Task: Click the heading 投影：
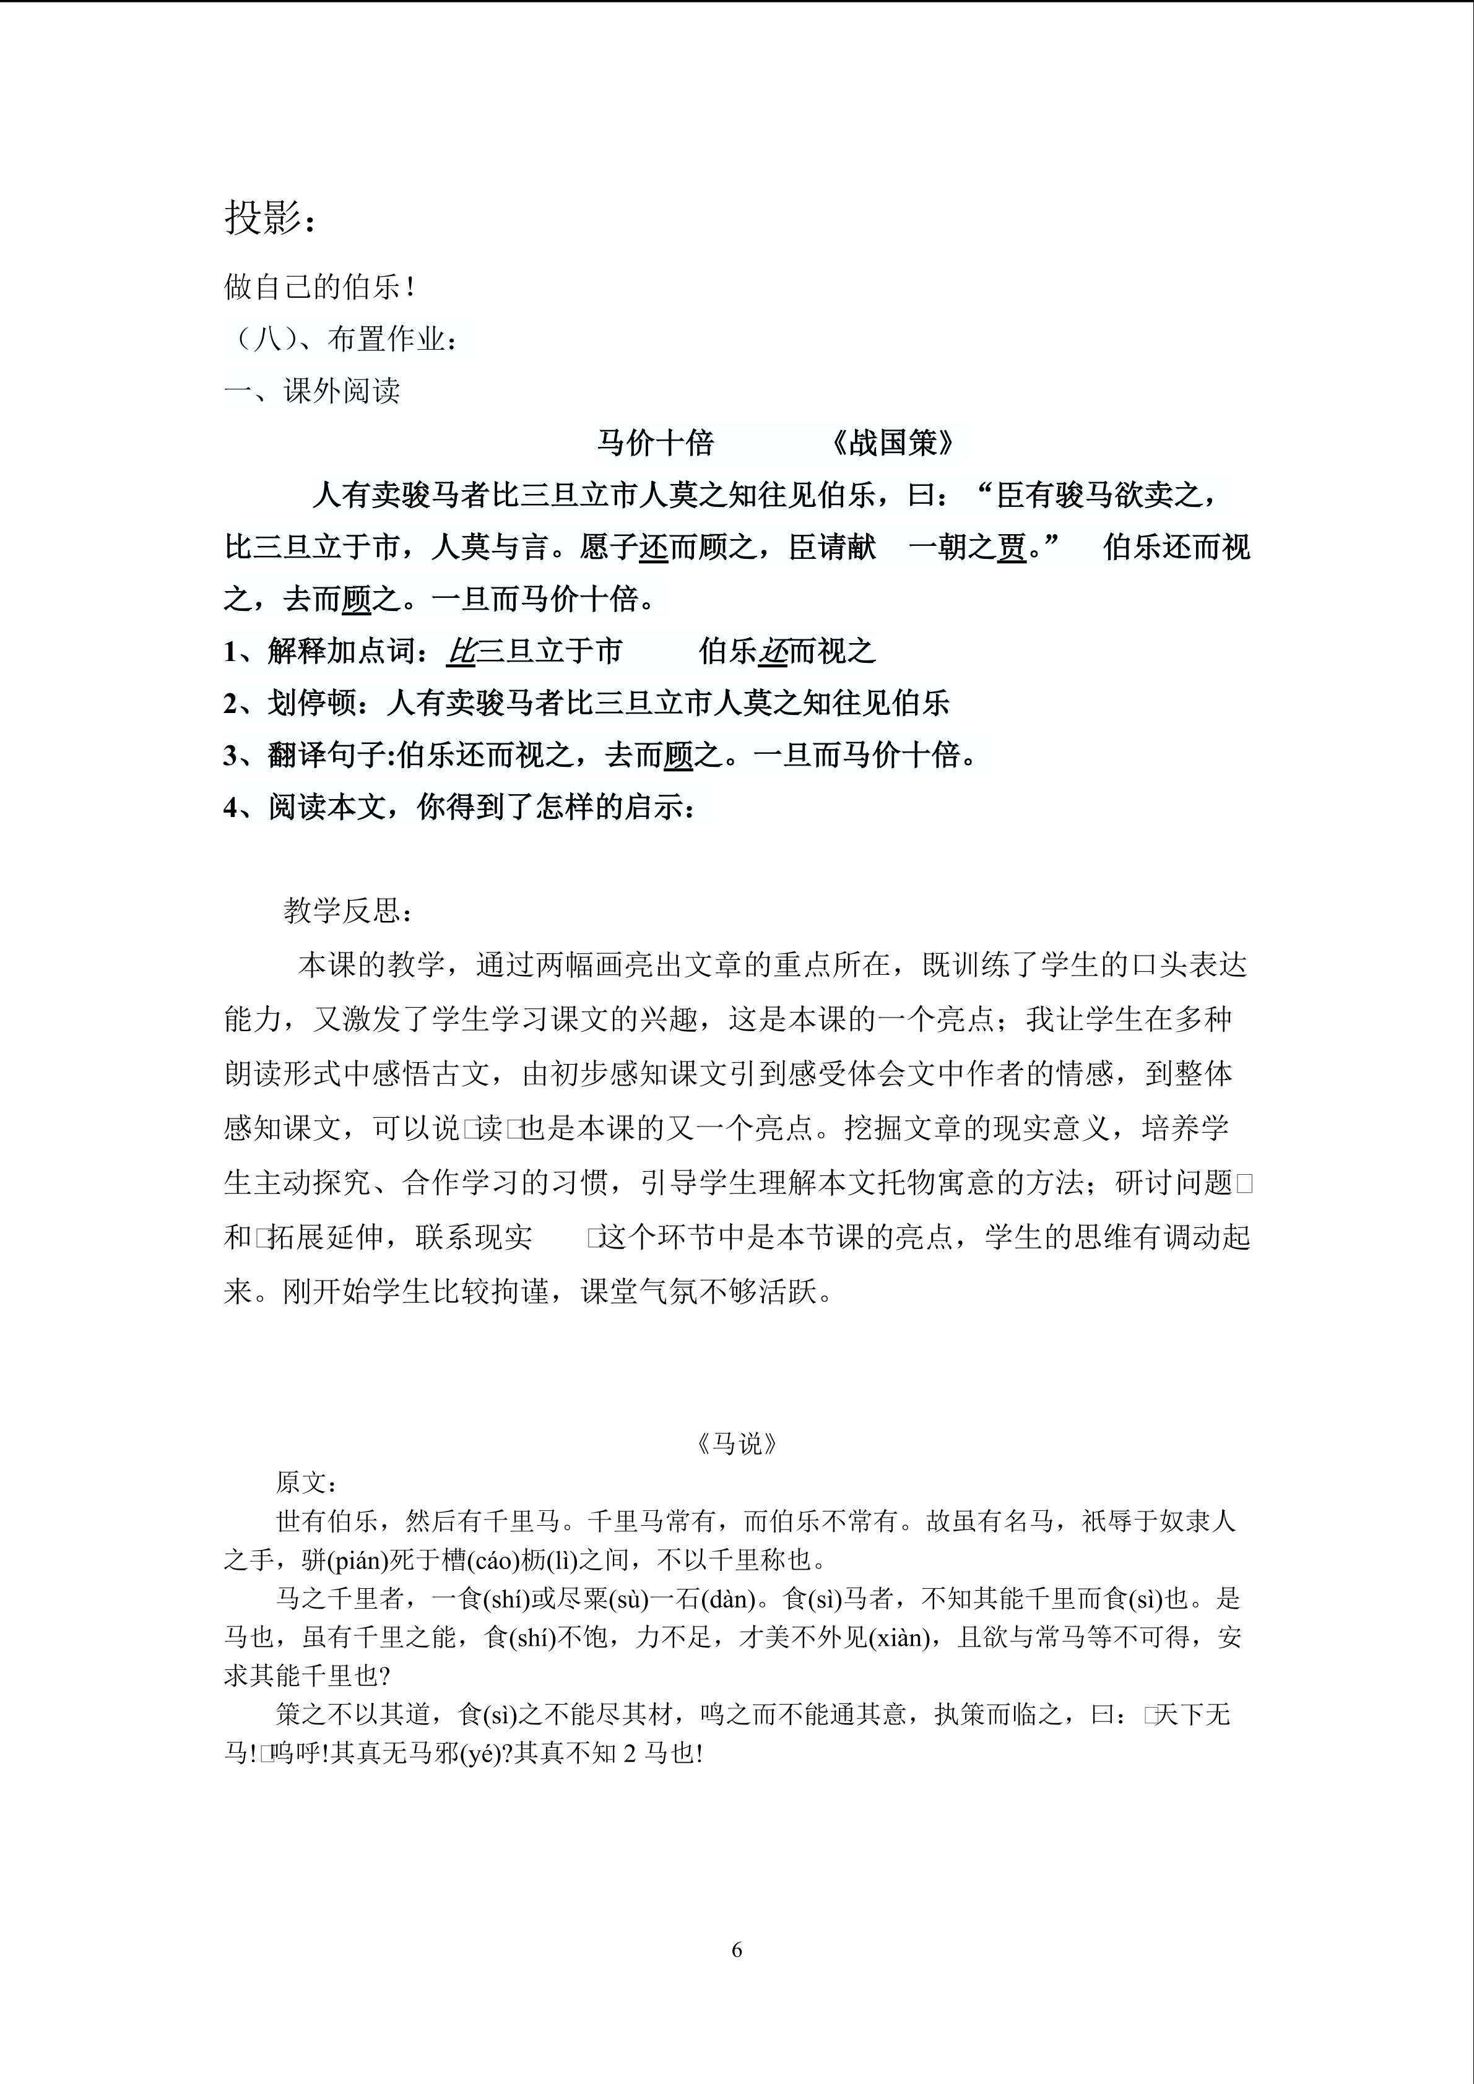click(x=271, y=218)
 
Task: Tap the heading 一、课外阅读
click(x=312, y=391)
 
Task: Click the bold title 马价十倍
click(x=656, y=443)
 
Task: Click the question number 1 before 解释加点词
click(x=230, y=652)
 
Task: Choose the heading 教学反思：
click(x=349, y=910)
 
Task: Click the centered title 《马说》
click(x=736, y=1444)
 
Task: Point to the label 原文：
click(x=307, y=1483)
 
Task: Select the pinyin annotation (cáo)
click(x=495, y=1560)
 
